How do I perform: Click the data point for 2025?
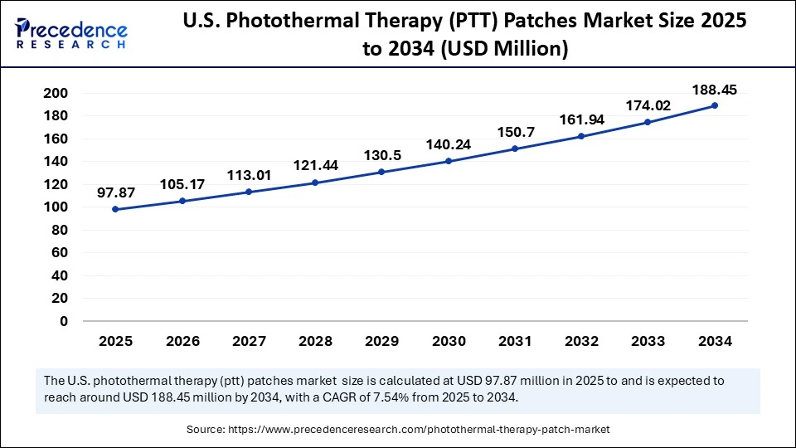coord(114,209)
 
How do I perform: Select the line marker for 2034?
coord(714,105)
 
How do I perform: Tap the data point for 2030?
coord(448,161)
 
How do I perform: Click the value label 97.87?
coord(116,192)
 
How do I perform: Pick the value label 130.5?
coord(382,155)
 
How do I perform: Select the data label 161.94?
coord(582,119)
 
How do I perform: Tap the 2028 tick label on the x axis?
coord(315,341)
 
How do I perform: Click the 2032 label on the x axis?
coord(581,341)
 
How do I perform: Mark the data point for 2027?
coord(248,192)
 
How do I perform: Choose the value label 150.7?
coord(515,132)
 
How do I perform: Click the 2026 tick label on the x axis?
coord(182,341)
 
